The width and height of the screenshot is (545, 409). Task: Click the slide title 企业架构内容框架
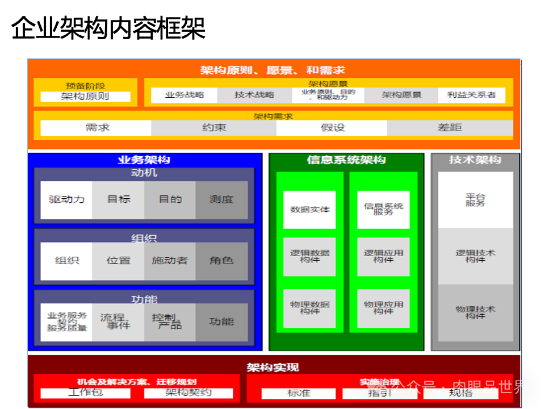[108, 28]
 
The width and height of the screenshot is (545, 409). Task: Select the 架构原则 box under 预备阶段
[85, 97]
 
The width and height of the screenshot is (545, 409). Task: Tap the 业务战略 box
[185, 95]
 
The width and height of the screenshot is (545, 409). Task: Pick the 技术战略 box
[254, 95]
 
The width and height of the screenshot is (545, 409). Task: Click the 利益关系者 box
[471, 95]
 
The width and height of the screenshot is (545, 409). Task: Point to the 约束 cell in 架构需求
[214, 128]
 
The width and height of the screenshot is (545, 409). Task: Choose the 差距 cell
[450, 128]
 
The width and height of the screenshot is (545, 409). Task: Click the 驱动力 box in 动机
[66, 200]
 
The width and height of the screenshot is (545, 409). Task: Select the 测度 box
[221, 200]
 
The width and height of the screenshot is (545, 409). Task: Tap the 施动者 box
[170, 261]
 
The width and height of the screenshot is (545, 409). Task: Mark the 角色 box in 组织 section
[221, 261]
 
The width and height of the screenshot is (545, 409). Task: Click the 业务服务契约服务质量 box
[66, 322]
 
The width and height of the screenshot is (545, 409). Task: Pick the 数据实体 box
[309, 210]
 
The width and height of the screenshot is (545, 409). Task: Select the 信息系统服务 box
[383, 210]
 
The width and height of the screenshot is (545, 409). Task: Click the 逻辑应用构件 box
[383, 257]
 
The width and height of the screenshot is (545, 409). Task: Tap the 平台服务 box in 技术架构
[475, 200]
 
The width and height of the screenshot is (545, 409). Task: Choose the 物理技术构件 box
[475, 312]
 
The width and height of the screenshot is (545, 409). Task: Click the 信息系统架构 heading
[346, 160]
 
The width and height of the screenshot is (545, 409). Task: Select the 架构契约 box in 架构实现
[188, 393]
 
